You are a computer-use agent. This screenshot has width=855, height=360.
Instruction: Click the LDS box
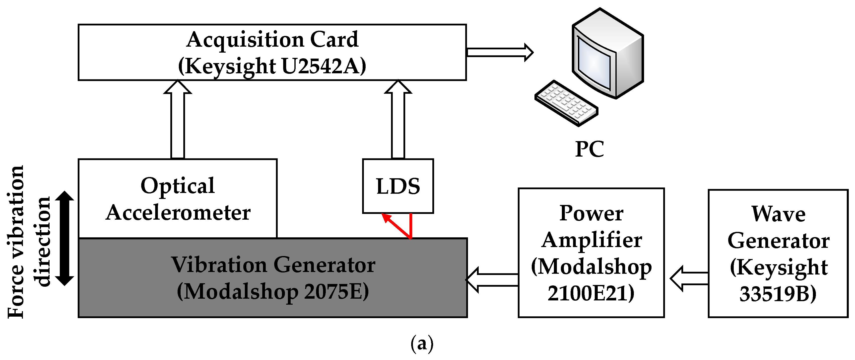[398, 186]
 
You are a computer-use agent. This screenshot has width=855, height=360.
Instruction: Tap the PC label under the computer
[590, 149]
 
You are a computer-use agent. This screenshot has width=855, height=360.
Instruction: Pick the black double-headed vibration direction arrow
[65, 238]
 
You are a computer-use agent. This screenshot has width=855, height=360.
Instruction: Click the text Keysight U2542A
[272, 66]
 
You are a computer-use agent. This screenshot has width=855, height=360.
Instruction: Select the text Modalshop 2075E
[273, 292]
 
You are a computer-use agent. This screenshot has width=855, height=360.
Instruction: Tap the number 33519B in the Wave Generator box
[777, 294]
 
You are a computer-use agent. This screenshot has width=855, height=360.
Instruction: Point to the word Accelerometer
[178, 213]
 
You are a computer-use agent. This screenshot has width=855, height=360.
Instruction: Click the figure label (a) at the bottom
[422, 344]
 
